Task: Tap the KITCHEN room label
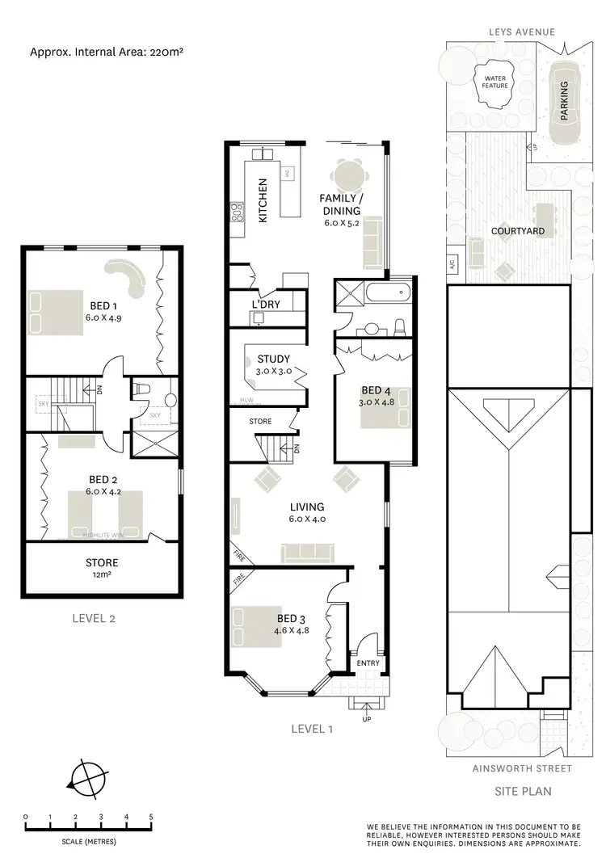click(263, 200)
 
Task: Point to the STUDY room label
click(273, 360)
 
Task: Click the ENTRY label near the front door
click(368, 663)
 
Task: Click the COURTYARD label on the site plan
click(518, 231)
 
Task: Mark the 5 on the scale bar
click(151, 816)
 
